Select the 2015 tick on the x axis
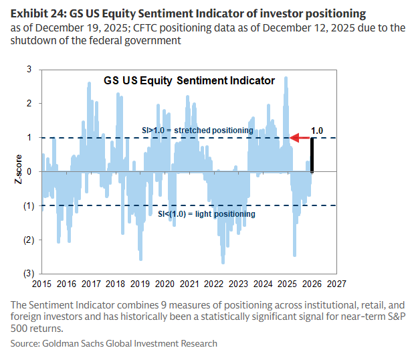point(42,283)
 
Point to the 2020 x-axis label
point(165,283)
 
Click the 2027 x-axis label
point(336,283)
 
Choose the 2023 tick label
point(239,283)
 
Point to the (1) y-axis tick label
point(28,205)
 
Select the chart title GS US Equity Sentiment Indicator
point(189,80)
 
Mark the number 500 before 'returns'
point(21,329)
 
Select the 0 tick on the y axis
point(29,171)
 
